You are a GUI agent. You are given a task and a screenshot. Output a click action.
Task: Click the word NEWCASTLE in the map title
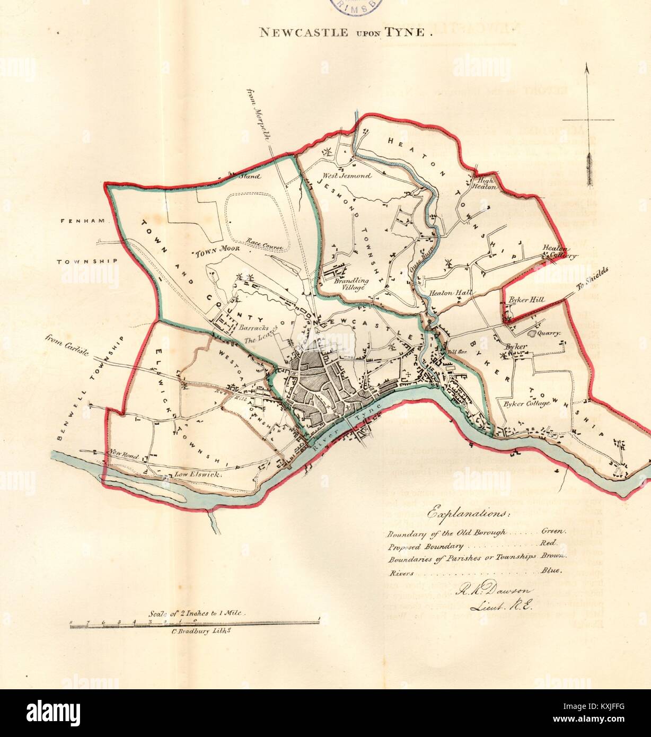coord(303,32)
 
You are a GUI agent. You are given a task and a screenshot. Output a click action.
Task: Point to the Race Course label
coord(265,245)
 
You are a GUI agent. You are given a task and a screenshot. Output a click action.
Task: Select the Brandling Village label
coord(349,284)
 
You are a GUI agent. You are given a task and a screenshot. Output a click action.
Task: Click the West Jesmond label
coord(347,175)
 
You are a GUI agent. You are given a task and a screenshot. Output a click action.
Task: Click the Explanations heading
coord(469,514)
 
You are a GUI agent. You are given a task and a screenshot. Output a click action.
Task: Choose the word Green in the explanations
coord(553,531)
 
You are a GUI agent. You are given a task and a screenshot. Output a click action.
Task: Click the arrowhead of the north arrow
coord(587,68)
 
